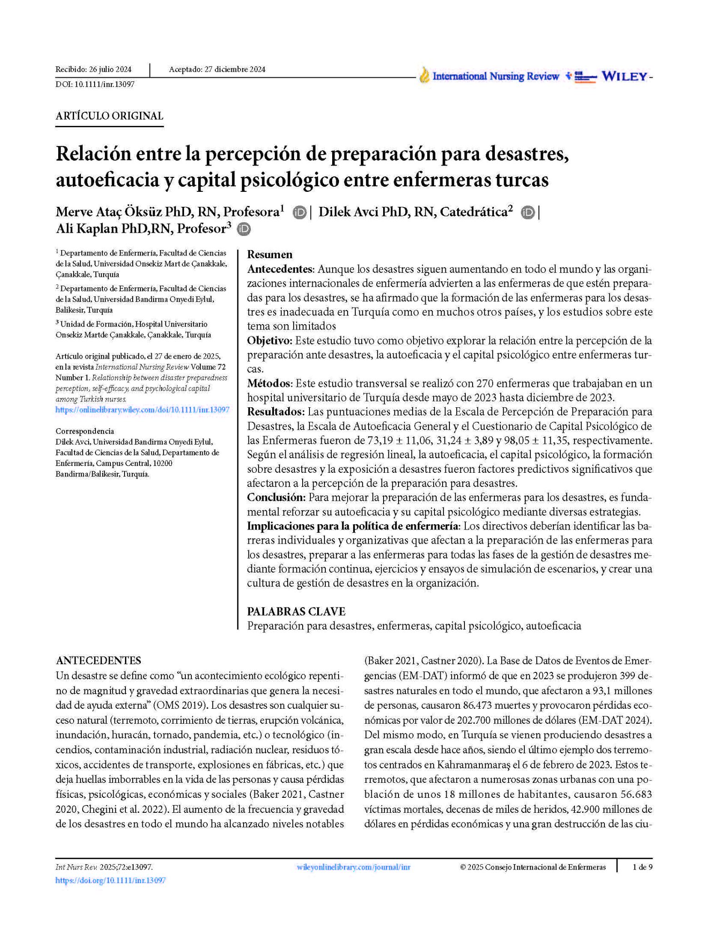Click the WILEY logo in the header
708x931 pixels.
(625, 76)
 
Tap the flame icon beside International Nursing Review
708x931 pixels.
(424, 75)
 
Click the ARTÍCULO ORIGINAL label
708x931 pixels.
(109, 116)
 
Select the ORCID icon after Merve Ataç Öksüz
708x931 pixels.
(299, 212)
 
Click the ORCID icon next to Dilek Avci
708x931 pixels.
(528, 212)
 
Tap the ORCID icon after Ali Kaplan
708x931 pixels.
(244, 229)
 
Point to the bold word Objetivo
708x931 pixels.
(269, 340)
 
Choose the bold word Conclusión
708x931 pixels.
(275, 497)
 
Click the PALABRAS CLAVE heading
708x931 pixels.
(296, 611)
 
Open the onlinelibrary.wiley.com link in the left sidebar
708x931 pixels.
(142, 410)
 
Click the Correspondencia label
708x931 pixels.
(85, 431)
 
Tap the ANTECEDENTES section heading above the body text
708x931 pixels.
(98, 661)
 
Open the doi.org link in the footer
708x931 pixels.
(110, 881)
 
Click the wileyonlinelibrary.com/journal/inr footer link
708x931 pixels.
(353, 867)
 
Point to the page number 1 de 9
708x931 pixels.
(642, 867)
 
